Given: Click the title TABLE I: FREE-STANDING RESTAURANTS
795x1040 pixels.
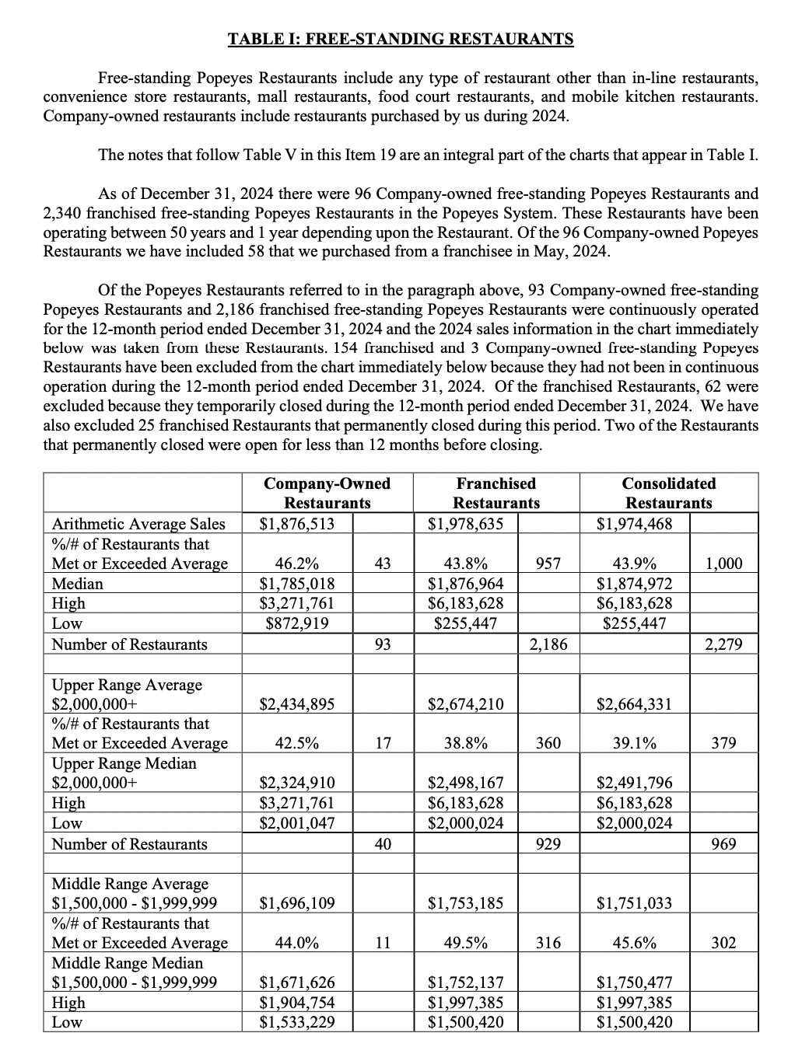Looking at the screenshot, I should pyautogui.click(x=401, y=39).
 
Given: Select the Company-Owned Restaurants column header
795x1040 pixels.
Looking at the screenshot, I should pyautogui.click(x=327, y=493).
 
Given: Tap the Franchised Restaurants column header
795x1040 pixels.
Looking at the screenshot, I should pyautogui.click(x=496, y=493).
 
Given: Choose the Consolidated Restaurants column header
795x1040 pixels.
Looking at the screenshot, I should pyautogui.click(x=668, y=493).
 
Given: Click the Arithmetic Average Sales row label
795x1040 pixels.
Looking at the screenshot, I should pyautogui.click(x=138, y=524).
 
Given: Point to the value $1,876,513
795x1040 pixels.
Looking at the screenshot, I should pyautogui.click(x=296, y=524).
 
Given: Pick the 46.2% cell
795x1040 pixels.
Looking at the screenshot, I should pyautogui.click(x=296, y=564).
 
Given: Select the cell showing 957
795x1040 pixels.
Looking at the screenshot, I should pyautogui.click(x=548, y=564).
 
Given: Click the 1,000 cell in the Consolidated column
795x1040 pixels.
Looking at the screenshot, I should pyautogui.click(x=723, y=564).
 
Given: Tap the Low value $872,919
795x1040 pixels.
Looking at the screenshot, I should pyautogui.click(x=296, y=623).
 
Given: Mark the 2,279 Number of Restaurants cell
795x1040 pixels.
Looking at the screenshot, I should pyautogui.click(x=723, y=644).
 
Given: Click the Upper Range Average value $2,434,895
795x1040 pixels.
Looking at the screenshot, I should pyautogui.click(x=296, y=704).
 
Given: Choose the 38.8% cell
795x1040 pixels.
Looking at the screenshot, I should pyautogui.click(x=465, y=743).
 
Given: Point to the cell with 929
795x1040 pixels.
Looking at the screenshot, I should pyautogui.click(x=548, y=844).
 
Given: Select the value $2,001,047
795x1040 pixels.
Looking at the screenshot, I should pyautogui.click(x=296, y=823).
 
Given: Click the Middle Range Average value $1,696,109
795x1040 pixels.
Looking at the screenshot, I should pyautogui.click(x=296, y=903).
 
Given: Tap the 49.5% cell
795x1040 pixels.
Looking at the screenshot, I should pyautogui.click(x=465, y=943).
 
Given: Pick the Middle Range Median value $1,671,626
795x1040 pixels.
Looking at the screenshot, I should pyautogui.click(x=296, y=982).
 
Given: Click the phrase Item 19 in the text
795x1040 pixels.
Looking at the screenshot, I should pyautogui.click(x=376, y=154).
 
